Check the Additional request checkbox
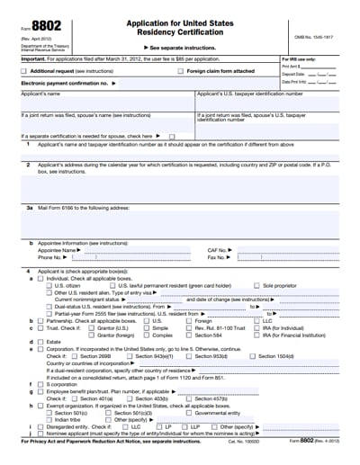24,69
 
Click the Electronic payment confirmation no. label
61,82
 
